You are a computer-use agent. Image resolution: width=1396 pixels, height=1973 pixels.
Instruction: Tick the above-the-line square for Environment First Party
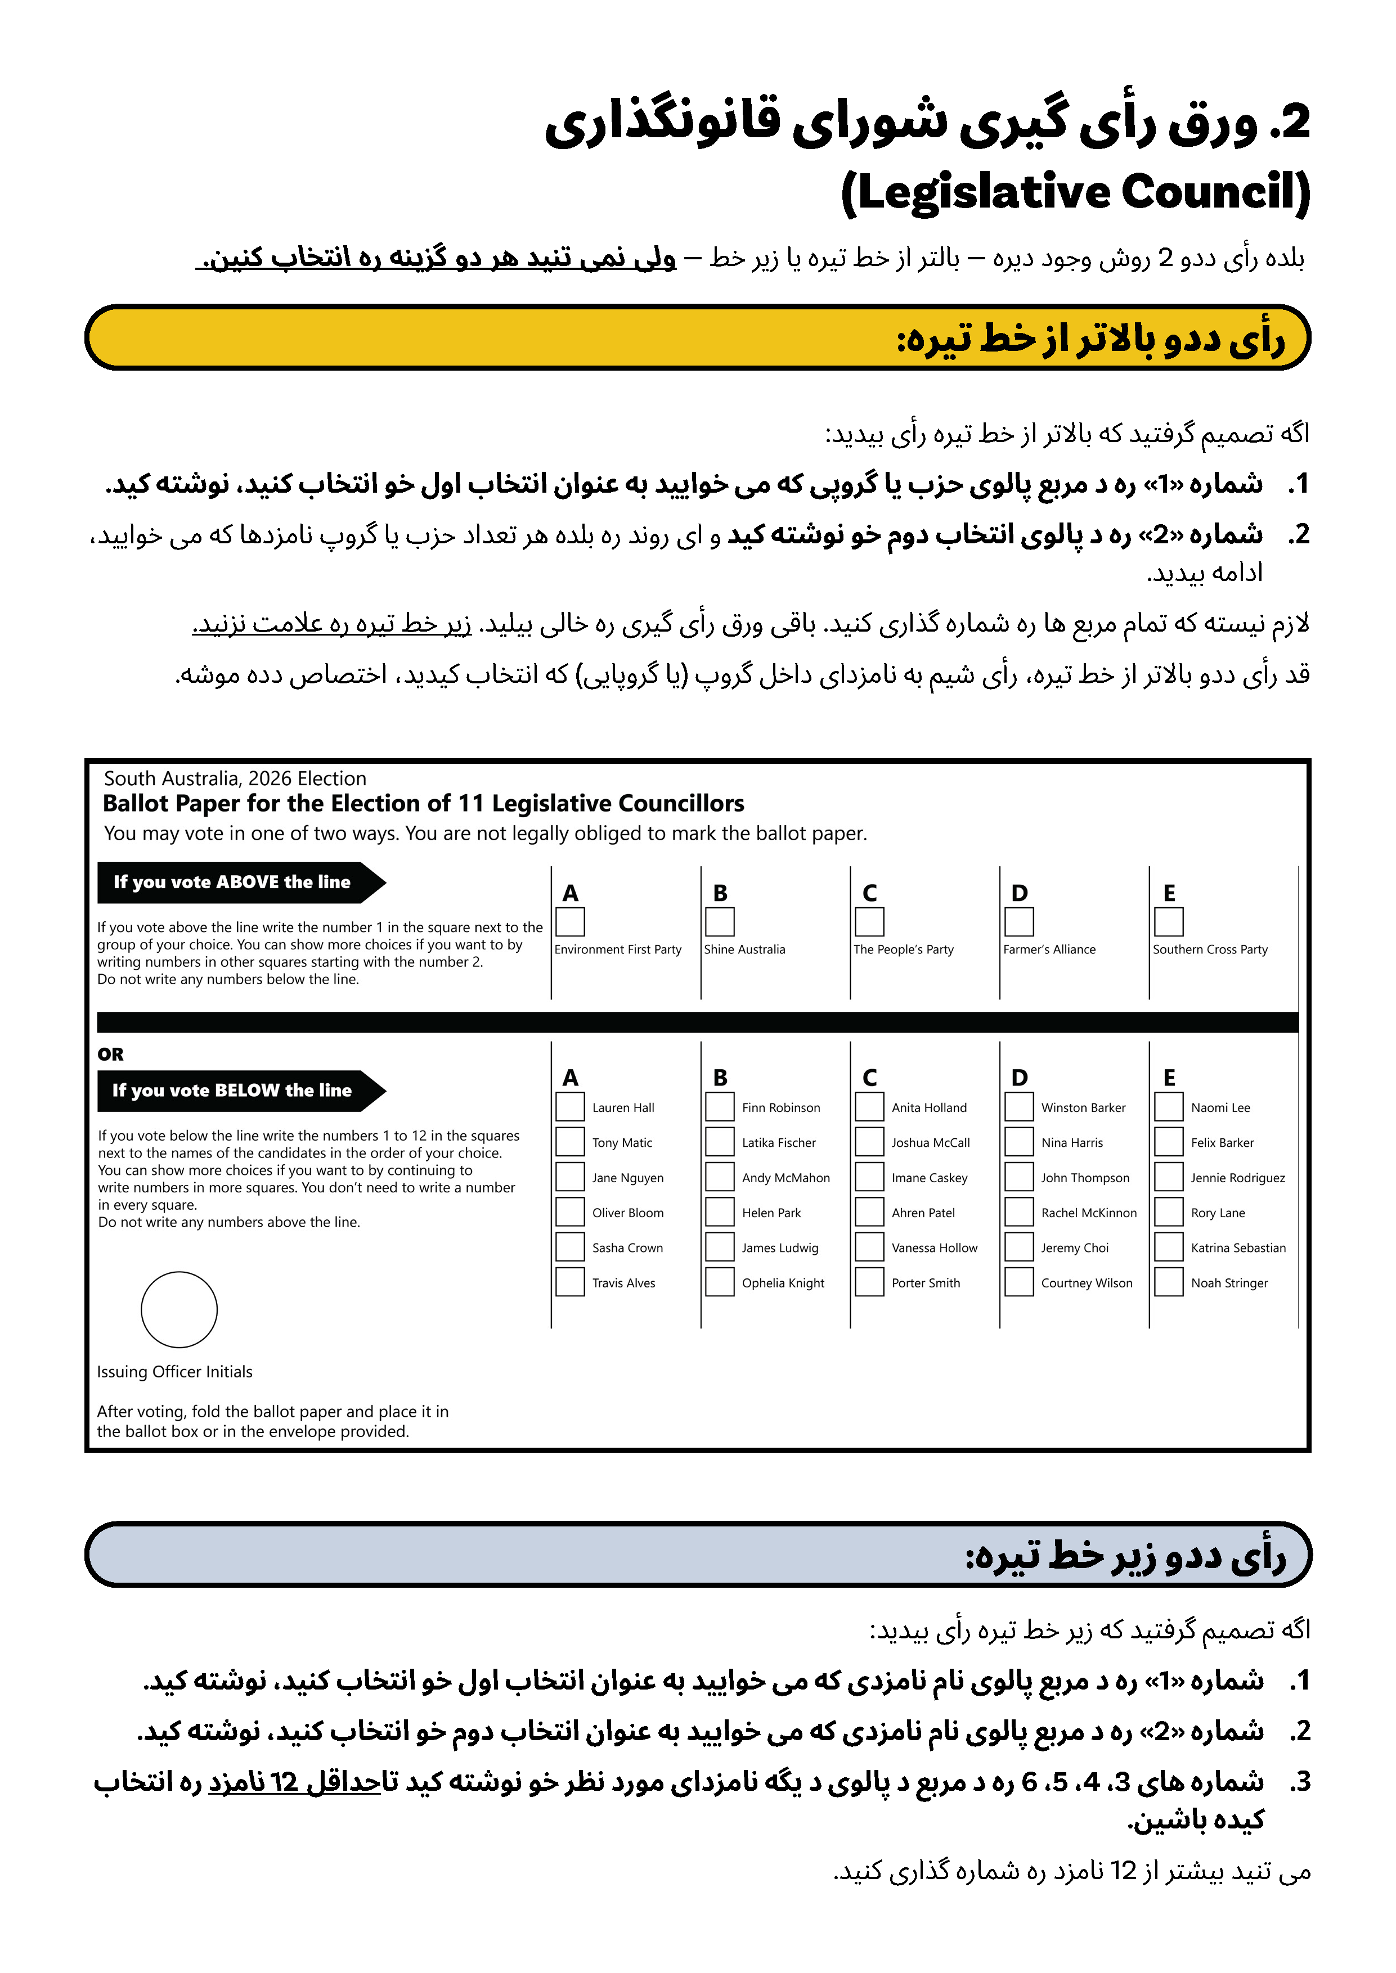pyautogui.click(x=570, y=922)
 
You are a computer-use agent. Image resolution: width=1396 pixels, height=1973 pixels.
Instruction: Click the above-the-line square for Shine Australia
pyautogui.click(x=720, y=922)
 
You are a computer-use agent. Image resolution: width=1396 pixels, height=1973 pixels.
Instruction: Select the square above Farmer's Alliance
pyautogui.click(x=1018, y=922)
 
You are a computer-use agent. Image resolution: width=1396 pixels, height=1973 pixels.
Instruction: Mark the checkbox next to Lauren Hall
pyautogui.click(x=570, y=1107)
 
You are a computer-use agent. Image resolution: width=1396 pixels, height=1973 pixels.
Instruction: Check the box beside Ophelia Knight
pyautogui.click(x=720, y=1282)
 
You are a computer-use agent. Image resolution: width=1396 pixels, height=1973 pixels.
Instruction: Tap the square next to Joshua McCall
pyautogui.click(x=869, y=1142)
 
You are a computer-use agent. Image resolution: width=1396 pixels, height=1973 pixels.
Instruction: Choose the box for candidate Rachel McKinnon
pyautogui.click(x=1018, y=1211)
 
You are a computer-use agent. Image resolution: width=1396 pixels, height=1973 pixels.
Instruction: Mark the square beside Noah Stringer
pyautogui.click(x=1168, y=1282)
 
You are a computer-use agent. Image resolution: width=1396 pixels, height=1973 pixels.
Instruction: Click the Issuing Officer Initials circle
pyautogui.click(x=179, y=1309)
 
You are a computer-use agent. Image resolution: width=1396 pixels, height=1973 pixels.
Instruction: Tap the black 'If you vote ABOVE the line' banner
pyautogui.click(x=232, y=882)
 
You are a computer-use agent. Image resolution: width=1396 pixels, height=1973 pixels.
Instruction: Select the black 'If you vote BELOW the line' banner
pyautogui.click(x=232, y=1091)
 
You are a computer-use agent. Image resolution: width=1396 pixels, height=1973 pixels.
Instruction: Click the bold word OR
pyautogui.click(x=110, y=1055)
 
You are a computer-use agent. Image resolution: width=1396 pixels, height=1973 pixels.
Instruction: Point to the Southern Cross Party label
pyautogui.click(x=1209, y=949)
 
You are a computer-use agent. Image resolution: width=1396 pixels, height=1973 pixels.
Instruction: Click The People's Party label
pyautogui.click(x=904, y=949)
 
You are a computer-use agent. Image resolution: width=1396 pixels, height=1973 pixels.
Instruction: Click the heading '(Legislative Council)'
pyautogui.click(x=1075, y=192)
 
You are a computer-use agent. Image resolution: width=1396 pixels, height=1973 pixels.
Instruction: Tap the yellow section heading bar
pyautogui.click(x=697, y=337)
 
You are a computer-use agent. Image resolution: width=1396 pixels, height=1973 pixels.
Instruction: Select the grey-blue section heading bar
pyautogui.click(x=697, y=1553)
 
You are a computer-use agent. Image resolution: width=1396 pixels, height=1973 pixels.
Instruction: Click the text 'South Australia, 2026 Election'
pyautogui.click(x=235, y=778)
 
